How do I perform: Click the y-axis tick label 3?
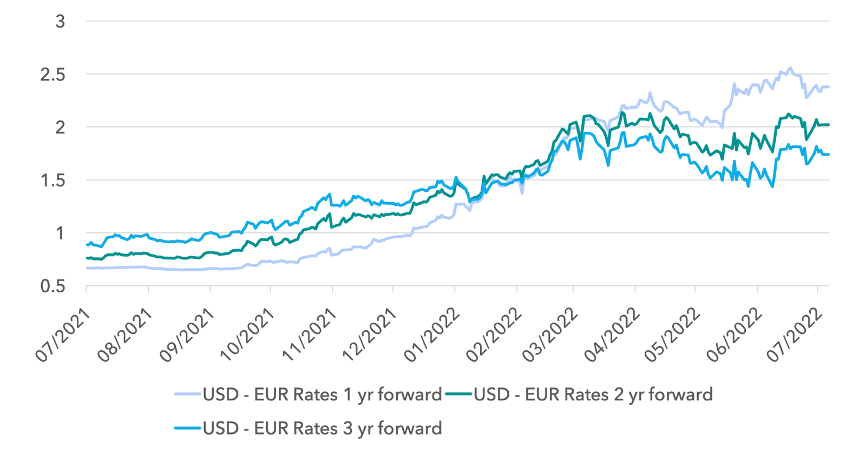point(60,21)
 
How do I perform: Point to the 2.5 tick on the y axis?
point(53,74)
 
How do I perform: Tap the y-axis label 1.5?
point(53,180)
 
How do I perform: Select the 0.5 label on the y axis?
point(53,286)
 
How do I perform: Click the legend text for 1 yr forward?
point(323,395)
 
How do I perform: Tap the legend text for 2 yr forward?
point(593,395)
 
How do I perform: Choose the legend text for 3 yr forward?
point(323,428)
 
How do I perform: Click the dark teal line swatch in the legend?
point(458,395)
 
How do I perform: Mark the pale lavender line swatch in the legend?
point(187,395)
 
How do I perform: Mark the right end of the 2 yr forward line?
point(829,124)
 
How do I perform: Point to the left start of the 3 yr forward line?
point(87,245)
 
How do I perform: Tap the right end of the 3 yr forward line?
point(829,155)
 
